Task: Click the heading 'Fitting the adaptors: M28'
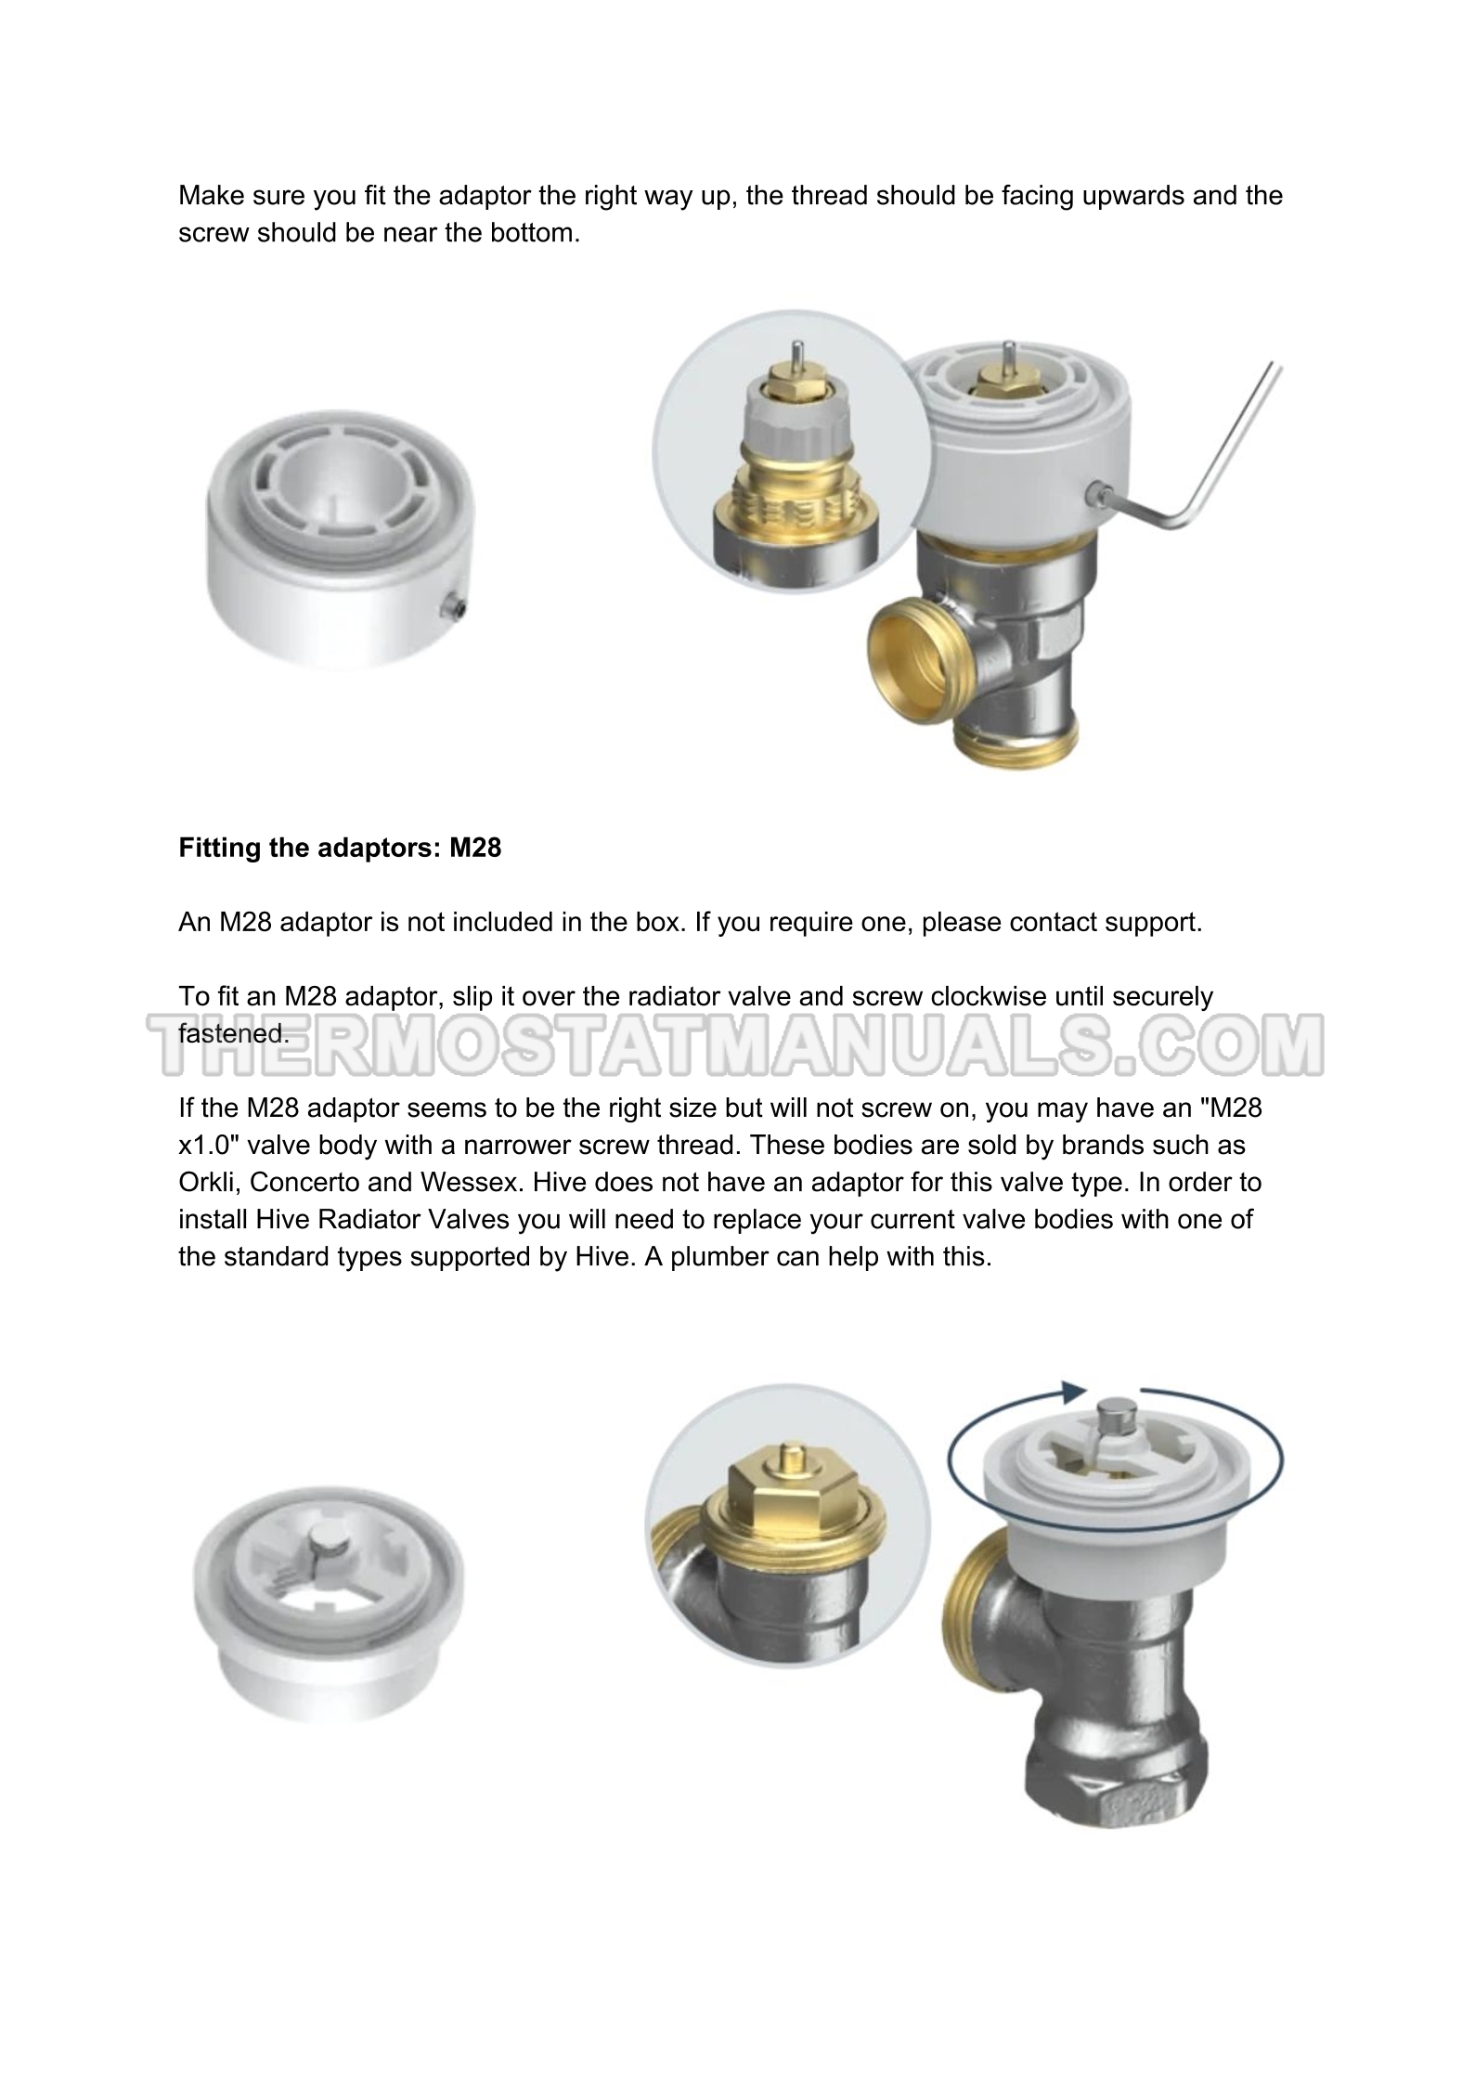pos(340,848)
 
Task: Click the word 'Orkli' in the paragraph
pos(206,1183)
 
